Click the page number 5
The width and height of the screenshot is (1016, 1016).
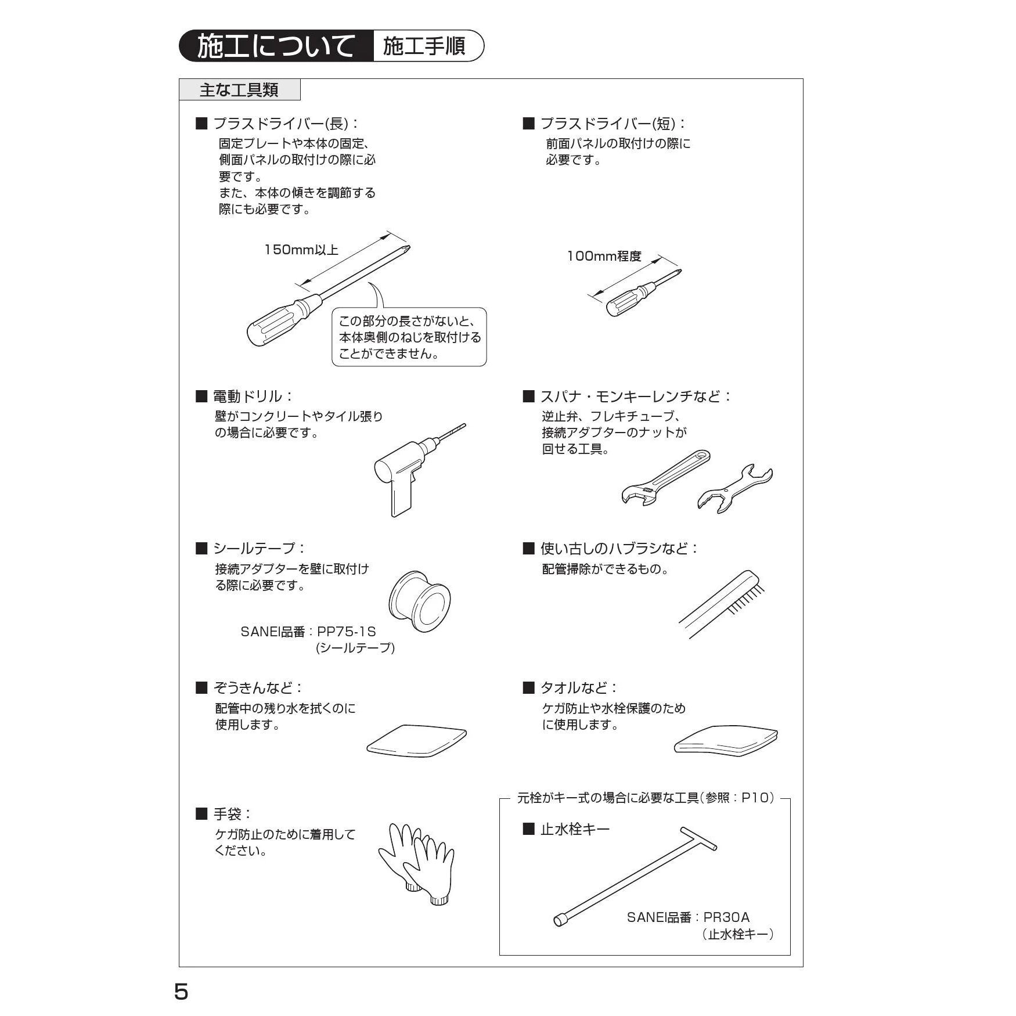(x=181, y=992)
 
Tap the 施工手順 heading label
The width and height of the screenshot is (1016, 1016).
(x=424, y=46)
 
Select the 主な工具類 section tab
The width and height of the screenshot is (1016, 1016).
(x=239, y=90)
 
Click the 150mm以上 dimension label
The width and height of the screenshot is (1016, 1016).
(x=301, y=250)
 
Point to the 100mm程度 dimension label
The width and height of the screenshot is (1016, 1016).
(x=604, y=256)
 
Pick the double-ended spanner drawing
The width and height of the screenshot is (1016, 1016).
(x=734, y=488)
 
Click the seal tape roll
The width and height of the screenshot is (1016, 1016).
(x=419, y=601)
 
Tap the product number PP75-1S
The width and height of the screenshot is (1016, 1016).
(x=347, y=632)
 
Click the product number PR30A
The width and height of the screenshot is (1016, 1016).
(x=726, y=917)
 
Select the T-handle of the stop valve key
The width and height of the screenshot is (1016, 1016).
(x=699, y=838)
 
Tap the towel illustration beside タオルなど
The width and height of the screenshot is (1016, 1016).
(x=726, y=739)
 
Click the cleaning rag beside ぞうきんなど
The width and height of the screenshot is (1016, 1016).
(x=417, y=740)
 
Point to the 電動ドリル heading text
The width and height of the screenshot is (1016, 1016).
(x=247, y=397)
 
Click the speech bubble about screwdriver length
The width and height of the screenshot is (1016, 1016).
(x=409, y=337)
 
